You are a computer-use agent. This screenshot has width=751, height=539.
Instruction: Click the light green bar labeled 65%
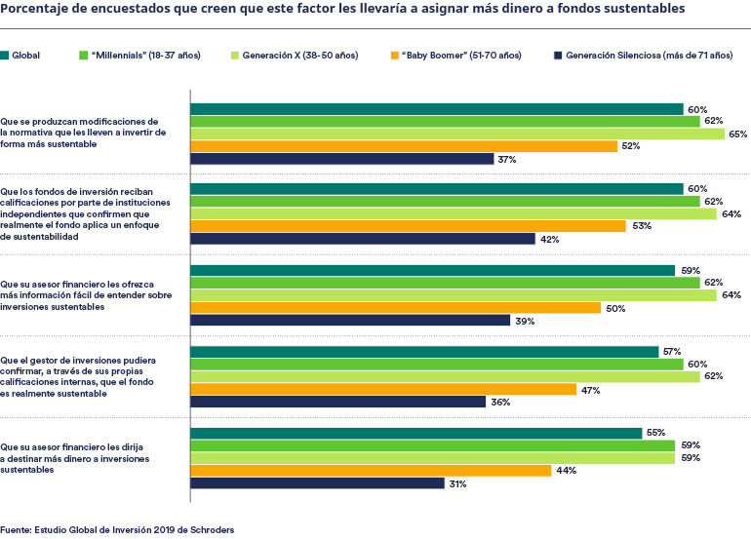(456, 134)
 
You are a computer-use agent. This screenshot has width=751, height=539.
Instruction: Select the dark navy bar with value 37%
(341, 158)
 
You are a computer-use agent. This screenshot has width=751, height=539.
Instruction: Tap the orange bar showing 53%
(408, 226)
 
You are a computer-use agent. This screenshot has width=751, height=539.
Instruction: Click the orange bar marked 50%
(395, 307)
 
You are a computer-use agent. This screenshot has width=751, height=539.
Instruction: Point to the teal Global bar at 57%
(424, 352)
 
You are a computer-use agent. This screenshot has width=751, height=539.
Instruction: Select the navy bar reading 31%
(317, 482)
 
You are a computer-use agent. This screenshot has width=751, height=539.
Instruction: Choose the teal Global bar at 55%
(415, 433)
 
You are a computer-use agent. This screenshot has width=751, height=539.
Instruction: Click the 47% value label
(590, 389)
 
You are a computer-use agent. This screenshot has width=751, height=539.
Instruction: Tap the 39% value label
(524, 320)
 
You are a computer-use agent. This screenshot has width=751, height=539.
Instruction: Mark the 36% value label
(499, 402)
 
